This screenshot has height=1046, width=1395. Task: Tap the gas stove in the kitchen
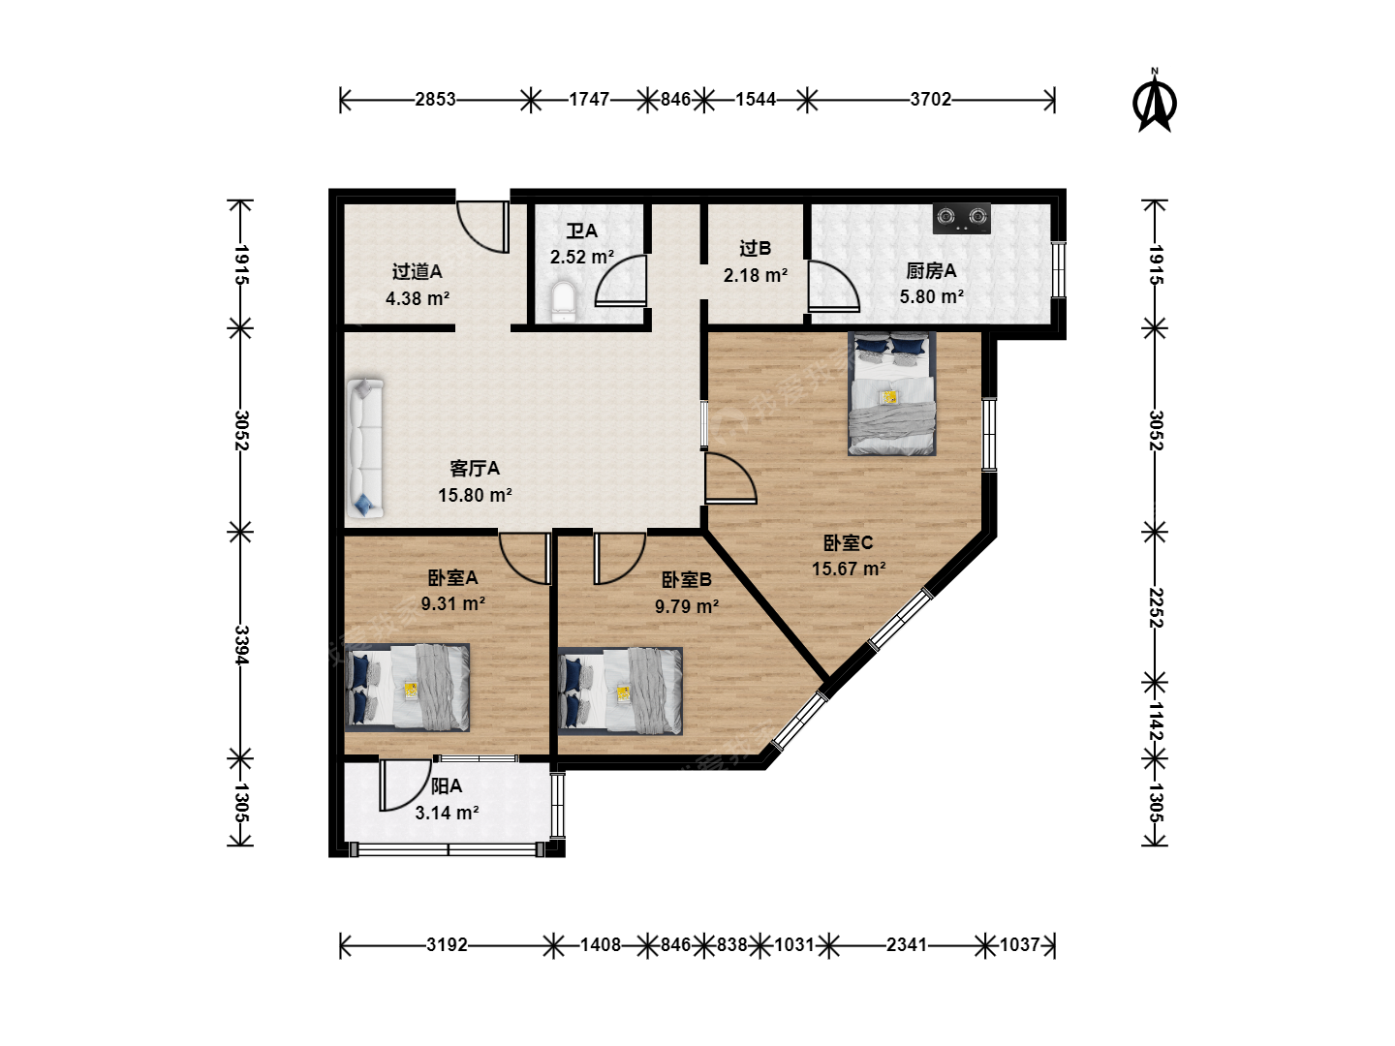(962, 219)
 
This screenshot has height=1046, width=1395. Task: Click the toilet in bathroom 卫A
(563, 301)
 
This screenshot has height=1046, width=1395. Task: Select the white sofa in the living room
(365, 448)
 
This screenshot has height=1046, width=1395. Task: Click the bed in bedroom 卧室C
(891, 394)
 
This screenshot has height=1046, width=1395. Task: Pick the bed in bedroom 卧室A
(407, 688)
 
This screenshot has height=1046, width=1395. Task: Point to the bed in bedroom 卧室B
(620, 691)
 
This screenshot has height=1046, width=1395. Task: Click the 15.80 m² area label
(475, 495)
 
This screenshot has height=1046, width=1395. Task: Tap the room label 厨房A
(931, 271)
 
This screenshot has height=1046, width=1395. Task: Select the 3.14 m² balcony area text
(447, 813)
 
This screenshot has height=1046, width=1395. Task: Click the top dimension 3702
(930, 100)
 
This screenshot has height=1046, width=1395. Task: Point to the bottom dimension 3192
(447, 945)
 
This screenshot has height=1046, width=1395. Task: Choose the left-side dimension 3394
(241, 645)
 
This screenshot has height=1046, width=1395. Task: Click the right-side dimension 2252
(1156, 608)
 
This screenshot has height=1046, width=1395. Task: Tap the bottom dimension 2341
(907, 945)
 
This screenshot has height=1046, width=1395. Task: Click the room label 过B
(755, 248)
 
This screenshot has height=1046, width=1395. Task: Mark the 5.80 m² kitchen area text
(931, 296)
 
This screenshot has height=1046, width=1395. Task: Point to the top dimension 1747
(589, 100)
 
